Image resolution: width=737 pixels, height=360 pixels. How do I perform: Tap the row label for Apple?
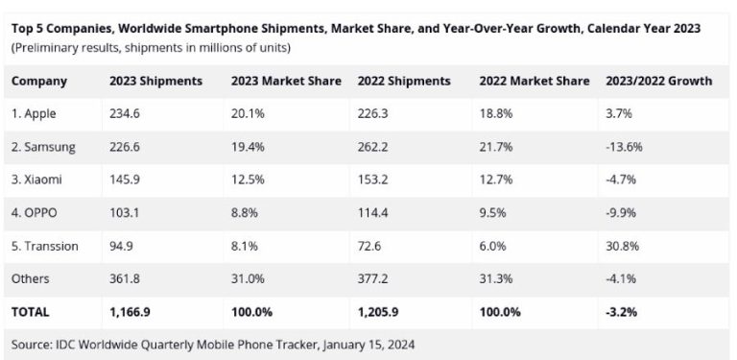(x=34, y=114)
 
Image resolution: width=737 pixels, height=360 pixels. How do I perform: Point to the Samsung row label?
(x=42, y=147)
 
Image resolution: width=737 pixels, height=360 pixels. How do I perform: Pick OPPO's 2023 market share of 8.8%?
(x=245, y=213)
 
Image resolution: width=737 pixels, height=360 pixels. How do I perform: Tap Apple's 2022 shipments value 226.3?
(x=373, y=114)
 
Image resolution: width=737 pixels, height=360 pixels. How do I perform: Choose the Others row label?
(x=29, y=279)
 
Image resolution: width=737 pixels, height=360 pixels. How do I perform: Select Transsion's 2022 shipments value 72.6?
(x=369, y=247)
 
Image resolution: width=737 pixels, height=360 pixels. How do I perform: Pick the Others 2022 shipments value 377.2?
(x=373, y=279)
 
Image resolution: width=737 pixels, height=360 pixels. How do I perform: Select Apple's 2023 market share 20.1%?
(x=249, y=114)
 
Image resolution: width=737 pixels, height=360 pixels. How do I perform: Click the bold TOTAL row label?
(x=31, y=312)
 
